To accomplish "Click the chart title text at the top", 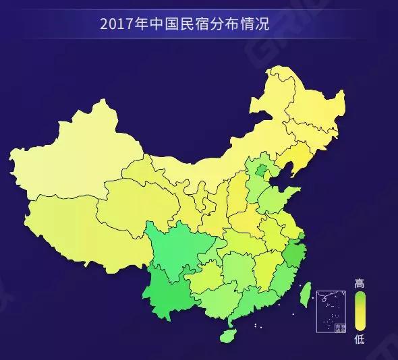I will pyautogui.click(x=184, y=25).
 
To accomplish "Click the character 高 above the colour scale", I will pyautogui.click(x=360, y=284).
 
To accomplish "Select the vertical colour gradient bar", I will pyautogui.click(x=360, y=311).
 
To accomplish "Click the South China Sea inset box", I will pyautogui.click(x=331, y=310).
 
